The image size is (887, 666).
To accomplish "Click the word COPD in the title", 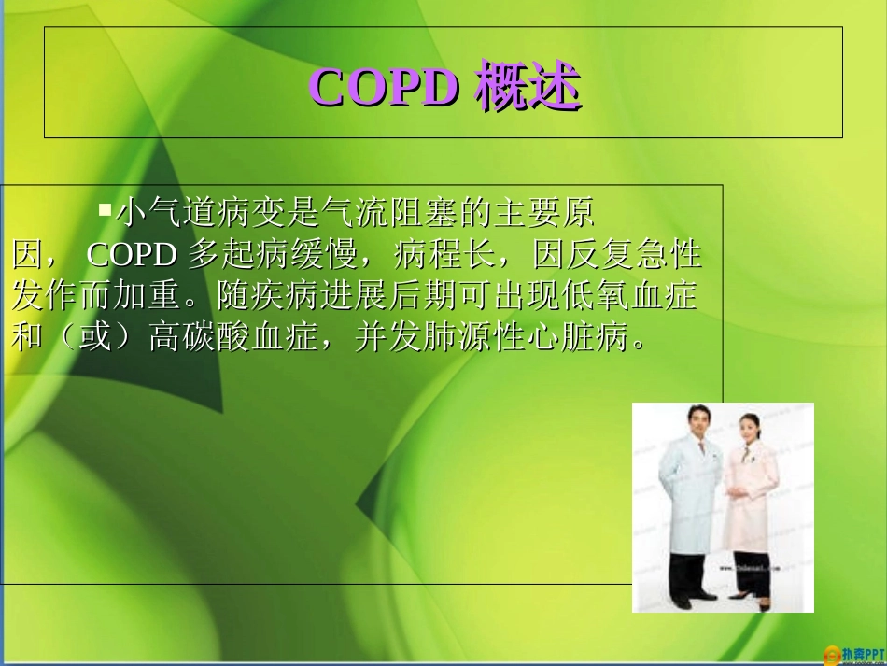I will click(383, 87).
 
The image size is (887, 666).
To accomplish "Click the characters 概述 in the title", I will click(528, 87).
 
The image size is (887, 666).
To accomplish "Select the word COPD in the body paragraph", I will click(134, 254).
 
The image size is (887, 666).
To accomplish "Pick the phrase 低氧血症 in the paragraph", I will click(628, 296).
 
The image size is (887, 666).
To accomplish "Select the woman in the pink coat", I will click(751, 509).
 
